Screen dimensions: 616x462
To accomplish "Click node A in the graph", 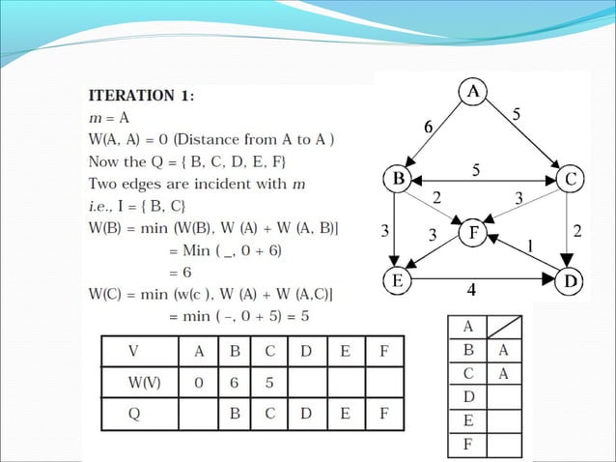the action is [x=473, y=92].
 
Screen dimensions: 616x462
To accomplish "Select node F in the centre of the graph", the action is [x=473, y=233].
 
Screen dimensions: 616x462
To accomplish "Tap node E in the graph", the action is [x=397, y=280].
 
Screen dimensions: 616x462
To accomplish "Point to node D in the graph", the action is [x=570, y=280].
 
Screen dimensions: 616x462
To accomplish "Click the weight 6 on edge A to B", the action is [x=428, y=127].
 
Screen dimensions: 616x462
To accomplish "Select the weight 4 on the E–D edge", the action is [x=471, y=289].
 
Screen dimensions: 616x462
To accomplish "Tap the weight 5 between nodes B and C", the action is [x=476, y=169].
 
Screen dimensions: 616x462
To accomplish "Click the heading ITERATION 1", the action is [x=141, y=96].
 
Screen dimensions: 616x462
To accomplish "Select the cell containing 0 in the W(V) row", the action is [x=198, y=381].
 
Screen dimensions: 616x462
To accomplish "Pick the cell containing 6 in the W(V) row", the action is [x=234, y=381].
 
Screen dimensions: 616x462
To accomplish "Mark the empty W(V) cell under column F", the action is [x=383, y=381].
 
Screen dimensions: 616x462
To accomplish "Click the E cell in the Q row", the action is [x=345, y=413].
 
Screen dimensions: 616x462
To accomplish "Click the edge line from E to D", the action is [x=483, y=280].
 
